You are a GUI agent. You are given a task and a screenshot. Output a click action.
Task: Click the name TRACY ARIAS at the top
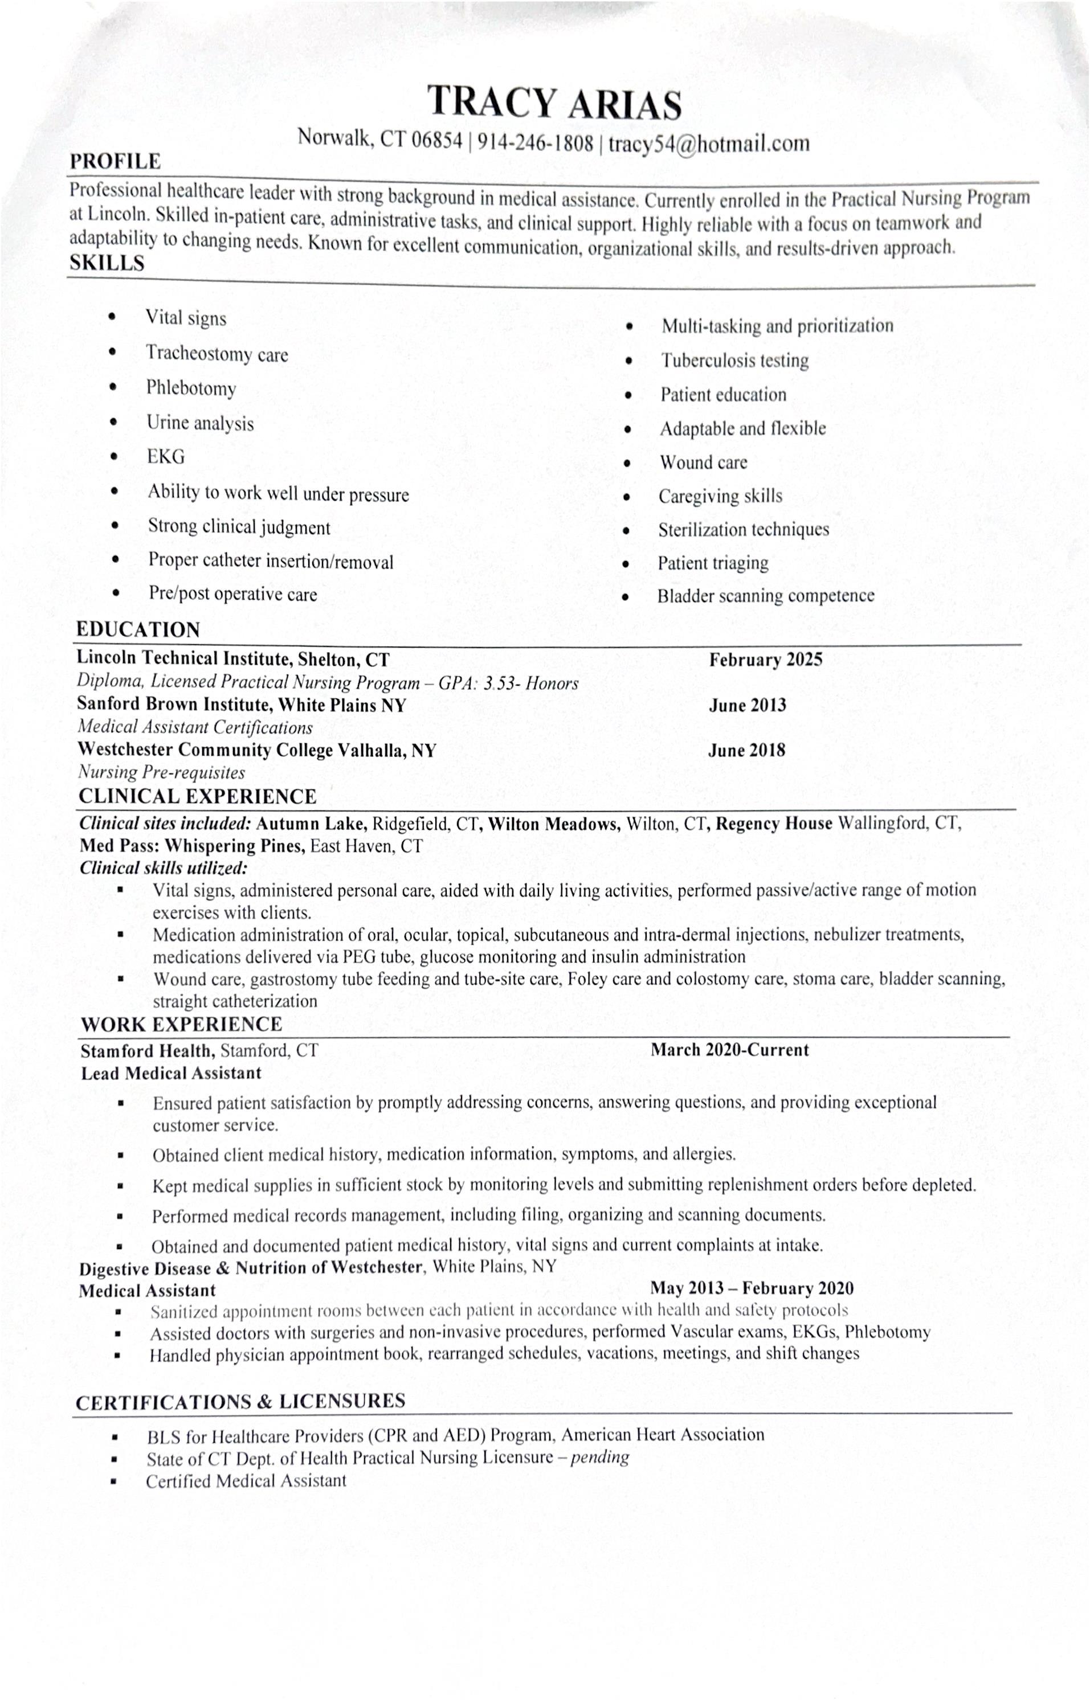click(554, 103)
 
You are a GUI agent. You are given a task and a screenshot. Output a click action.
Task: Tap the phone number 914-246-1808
click(535, 143)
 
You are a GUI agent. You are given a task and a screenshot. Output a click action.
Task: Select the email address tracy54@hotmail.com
click(708, 144)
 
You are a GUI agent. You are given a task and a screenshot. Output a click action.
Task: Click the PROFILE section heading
click(115, 161)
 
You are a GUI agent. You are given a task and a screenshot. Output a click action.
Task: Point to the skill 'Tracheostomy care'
click(217, 354)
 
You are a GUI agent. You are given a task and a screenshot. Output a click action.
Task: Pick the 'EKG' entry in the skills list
click(166, 457)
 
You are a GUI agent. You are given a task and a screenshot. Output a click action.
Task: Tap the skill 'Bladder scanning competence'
click(765, 596)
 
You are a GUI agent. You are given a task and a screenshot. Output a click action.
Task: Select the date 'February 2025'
click(766, 660)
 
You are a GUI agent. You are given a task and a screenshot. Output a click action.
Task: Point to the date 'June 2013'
click(748, 705)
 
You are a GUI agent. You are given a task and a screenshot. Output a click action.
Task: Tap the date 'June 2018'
click(747, 751)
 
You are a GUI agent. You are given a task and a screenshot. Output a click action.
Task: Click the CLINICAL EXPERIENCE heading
click(198, 797)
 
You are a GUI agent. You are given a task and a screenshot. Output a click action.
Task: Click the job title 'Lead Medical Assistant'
click(172, 1073)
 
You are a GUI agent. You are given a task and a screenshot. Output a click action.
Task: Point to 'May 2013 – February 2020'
click(752, 1288)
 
